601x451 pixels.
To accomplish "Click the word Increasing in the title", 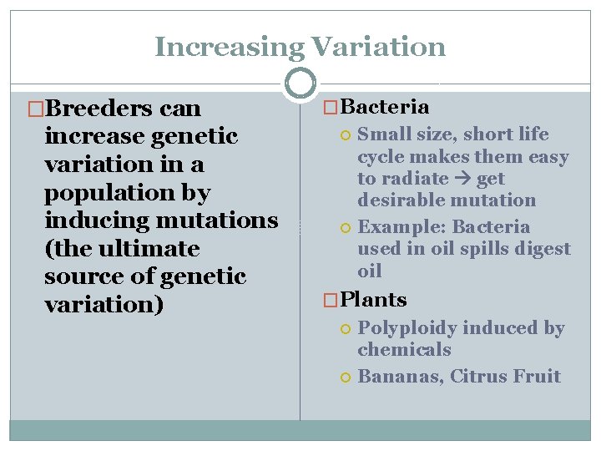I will click(221, 47).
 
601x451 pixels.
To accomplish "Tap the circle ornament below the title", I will click(300, 84).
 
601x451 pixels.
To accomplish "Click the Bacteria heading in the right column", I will click(386, 107).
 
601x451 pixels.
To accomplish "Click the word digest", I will click(543, 249).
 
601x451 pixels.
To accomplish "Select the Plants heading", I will click(374, 300).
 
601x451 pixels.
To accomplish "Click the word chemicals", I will click(404, 350).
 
